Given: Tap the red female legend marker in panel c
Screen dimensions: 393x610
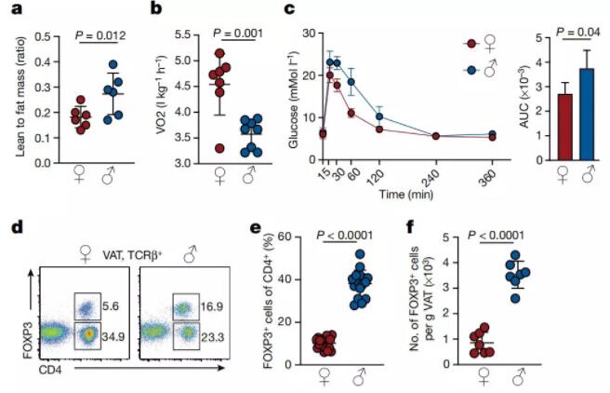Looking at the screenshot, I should tap(471, 44).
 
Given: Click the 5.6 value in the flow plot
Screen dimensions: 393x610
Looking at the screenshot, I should tap(110, 305).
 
